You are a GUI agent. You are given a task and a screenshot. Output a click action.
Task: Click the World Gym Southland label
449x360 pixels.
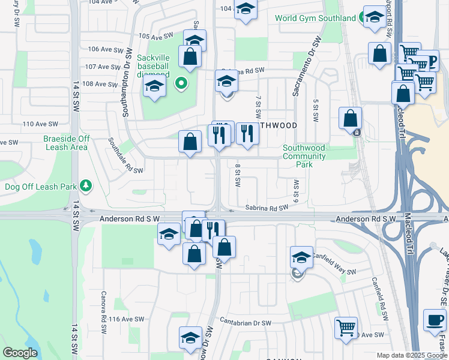point(315,18)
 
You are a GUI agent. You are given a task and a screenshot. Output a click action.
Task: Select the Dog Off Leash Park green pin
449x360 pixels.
point(86,186)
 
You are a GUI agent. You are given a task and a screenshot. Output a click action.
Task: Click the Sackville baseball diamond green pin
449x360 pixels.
point(179,83)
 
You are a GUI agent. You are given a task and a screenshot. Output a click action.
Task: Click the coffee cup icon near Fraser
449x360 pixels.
point(435,319)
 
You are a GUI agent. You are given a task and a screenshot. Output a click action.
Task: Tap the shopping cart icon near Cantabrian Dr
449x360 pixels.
point(346,328)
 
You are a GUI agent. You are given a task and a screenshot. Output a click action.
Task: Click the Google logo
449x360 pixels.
point(20,353)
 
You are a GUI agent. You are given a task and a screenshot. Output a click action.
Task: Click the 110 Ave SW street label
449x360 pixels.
point(40,124)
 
